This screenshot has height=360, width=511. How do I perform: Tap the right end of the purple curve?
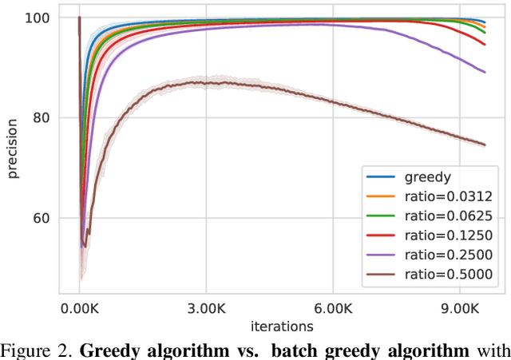point(485,72)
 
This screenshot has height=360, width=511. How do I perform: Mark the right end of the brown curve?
point(485,144)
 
